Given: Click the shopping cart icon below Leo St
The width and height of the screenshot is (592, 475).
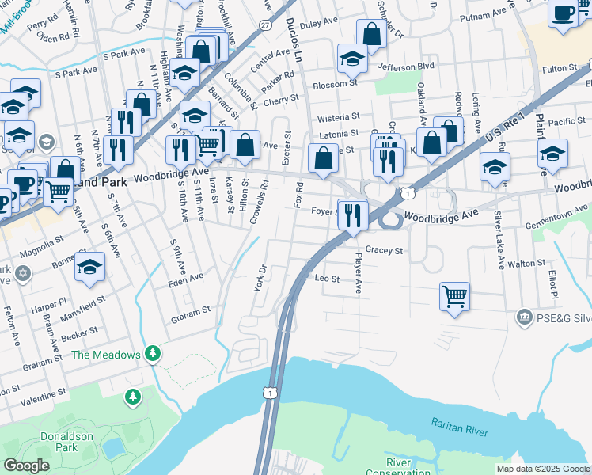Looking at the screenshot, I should pos(454,297).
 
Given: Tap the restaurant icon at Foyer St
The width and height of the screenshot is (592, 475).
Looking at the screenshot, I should pos(352,214).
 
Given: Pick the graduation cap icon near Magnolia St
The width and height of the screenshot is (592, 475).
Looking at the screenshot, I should pos(90,267).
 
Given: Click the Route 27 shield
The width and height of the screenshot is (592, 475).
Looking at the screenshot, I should pos(264,25).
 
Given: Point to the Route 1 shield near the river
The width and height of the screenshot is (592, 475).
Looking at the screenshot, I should pos(271,393).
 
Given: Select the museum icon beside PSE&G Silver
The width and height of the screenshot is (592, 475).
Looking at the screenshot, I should pos(523,317).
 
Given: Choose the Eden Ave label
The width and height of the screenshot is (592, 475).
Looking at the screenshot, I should pos(185,279).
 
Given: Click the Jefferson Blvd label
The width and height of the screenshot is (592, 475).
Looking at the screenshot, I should pos(407,66).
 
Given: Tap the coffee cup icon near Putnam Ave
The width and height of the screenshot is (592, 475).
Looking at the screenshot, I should pos(563,13).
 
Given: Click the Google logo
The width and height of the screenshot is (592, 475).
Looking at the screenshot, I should pos(26,465).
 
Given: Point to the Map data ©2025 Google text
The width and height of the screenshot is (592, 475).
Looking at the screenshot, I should pos(542,469).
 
